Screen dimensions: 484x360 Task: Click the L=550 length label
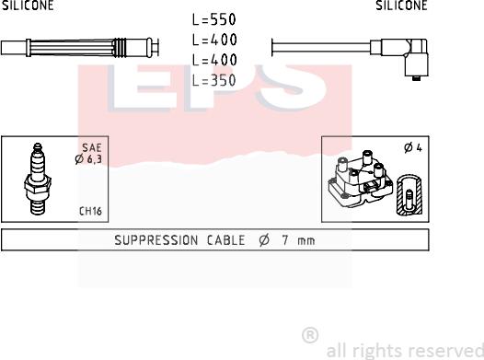[x=214, y=19]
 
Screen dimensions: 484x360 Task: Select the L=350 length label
[x=214, y=81]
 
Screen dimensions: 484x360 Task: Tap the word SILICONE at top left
[x=28, y=6]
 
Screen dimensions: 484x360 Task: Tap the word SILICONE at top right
[x=401, y=6]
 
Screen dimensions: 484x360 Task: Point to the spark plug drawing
[x=38, y=179]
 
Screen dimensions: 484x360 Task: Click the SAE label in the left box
[x=92, y=147]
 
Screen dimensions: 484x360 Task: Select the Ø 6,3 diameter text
[x=88, y=159]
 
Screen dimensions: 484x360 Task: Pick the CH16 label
[x=90, y=211]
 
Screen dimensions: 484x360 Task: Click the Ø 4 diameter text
[x=413, y=148]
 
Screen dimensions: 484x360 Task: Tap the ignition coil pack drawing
[x=360, y=179]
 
